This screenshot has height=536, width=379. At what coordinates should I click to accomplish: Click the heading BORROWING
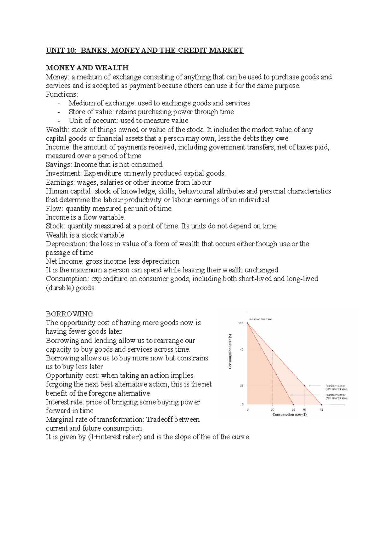(x=69, y=314)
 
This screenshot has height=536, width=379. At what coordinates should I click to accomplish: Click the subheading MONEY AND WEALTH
(x=87, y=68)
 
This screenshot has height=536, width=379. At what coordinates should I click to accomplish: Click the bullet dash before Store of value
(x=59, y=112)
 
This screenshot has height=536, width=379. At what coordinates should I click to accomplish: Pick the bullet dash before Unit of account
(x=59, y=121)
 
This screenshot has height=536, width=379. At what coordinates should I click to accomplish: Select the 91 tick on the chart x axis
(x=321, y=410)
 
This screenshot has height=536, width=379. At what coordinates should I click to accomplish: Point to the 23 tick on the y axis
(x=242, y=385)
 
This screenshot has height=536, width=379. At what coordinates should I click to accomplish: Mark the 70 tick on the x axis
(x=304, y=410)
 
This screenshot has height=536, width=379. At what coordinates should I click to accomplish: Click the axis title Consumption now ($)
(x=289, y=414)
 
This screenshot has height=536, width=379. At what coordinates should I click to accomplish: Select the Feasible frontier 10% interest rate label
(x=336, y=387)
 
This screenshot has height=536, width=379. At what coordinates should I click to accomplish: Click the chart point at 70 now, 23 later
(x=304, y=385)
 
